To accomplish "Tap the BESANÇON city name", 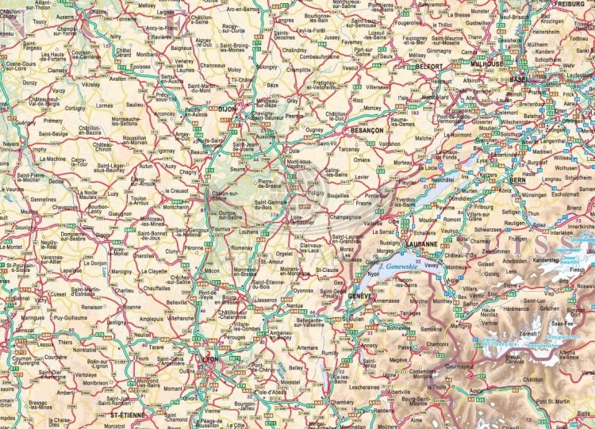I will coord(367,129).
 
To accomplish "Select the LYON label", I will coord(210,359).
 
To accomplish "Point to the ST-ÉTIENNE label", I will coord(129,414).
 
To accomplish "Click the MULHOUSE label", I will coord(486,63).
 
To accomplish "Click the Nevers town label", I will coord(10,144).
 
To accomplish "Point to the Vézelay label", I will coord(91,83).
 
